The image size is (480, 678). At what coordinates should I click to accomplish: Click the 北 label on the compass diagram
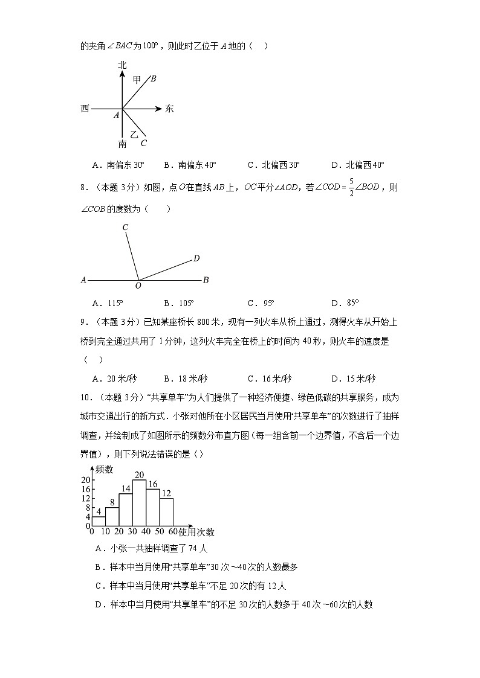click(x=123, y=65)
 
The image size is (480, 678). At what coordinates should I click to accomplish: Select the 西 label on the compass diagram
click(x=85, y=109)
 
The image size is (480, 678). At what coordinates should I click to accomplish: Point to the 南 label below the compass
click(x=123, y=144)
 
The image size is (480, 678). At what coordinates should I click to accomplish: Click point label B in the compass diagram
click(x=154, y=78)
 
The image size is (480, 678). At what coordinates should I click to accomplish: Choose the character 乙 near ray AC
click(x=134, y=135)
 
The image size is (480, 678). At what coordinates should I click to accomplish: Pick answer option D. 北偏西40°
click(x=358, y=165)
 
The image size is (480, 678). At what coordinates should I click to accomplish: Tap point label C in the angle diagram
click(x=125, y=228)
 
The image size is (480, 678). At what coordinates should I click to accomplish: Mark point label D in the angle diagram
click(x=196, y=258)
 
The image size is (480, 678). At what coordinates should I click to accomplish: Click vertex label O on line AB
click(x=138, y=286)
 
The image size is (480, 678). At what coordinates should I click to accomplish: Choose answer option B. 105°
click(x=179, y=303)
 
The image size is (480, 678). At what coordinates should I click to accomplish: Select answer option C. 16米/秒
click(x=270, y=379)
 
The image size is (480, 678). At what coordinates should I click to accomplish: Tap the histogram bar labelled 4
click(x=98, y=521)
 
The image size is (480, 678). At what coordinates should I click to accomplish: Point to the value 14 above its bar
click(x=126, y=488)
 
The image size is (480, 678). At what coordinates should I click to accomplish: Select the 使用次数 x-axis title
click(x=196, y=532)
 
